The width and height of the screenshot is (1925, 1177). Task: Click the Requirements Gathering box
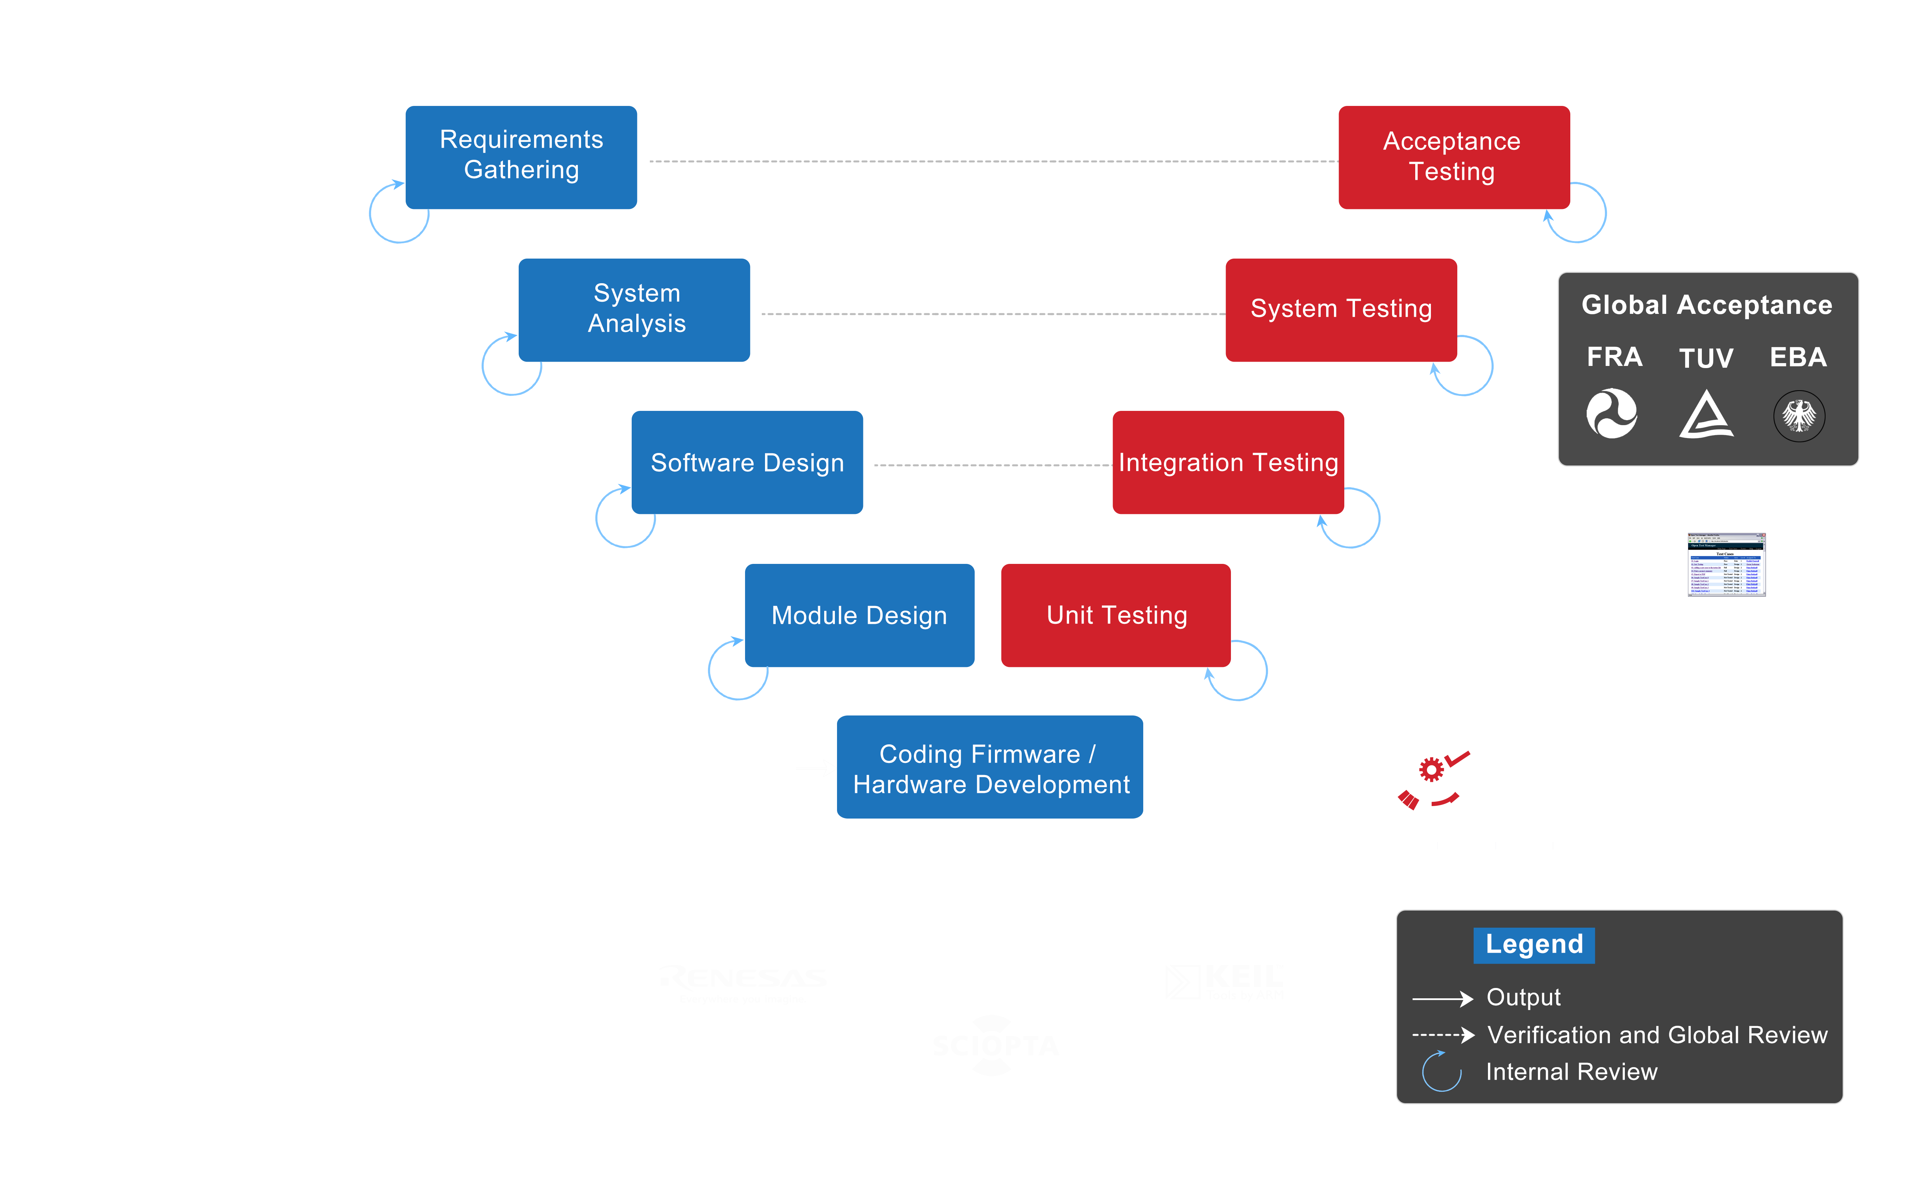click(x=521, y=156)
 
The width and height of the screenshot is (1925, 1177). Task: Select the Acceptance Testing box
click(x=1453, y=156)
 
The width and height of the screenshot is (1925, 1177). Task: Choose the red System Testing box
click(x=1341, y=310)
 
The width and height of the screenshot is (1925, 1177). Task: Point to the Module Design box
click(x=859, y=615)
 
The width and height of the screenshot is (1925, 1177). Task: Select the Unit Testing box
click(x=1116, y=615)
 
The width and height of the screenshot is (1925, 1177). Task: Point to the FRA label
click(x=1614, y=357)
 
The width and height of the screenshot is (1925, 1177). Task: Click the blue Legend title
click(x=1534, y=945)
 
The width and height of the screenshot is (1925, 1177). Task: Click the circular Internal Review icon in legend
click(x=1441, y=1071)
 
